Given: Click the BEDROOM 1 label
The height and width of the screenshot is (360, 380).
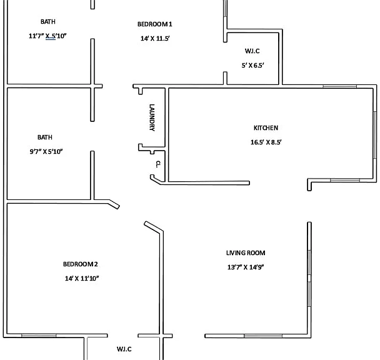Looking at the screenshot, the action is (x=154, y=24).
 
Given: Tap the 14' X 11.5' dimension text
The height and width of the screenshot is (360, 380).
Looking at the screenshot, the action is (x=155, y=39).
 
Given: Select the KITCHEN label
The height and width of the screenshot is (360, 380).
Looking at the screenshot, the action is (x=266, y=128).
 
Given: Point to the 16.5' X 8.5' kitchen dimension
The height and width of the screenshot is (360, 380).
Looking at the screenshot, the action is (x=266, y=142).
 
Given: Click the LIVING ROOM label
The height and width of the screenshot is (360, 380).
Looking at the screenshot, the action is (x=246, y=253).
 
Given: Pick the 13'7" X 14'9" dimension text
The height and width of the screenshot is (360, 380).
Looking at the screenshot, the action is (x=246, y=267).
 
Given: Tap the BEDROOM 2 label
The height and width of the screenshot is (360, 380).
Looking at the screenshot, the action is (x=81, y=264).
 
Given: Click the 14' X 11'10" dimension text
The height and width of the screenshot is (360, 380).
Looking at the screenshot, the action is (x=82, y=278).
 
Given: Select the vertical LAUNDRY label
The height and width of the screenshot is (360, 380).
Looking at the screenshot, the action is (x=152, y=117).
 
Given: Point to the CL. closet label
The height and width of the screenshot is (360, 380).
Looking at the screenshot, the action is (x=157, y=164).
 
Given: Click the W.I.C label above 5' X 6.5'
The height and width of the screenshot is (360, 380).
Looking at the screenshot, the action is (x=252, y=51).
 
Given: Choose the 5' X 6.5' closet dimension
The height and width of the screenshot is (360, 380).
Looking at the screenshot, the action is (x=252, y=66).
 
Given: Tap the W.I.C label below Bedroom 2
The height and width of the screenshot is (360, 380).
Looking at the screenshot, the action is (x=124, y=349).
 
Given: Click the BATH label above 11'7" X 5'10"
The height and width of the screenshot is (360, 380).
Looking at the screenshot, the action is (x=48, y=22).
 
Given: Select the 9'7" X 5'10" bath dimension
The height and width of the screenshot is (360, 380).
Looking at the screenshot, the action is (x=46, y=151).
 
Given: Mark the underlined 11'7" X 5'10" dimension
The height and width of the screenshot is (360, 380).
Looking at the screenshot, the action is (x=47, y=36).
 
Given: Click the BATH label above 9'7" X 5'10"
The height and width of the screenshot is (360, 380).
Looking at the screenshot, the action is (x=45, y=137).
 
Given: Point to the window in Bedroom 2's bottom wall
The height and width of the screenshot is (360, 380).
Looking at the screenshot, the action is (x=39, y=336).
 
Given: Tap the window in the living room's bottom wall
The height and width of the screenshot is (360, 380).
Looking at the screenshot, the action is (x=263, y=336).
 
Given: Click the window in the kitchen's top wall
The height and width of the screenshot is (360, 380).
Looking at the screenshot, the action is (x=340, y=86).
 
